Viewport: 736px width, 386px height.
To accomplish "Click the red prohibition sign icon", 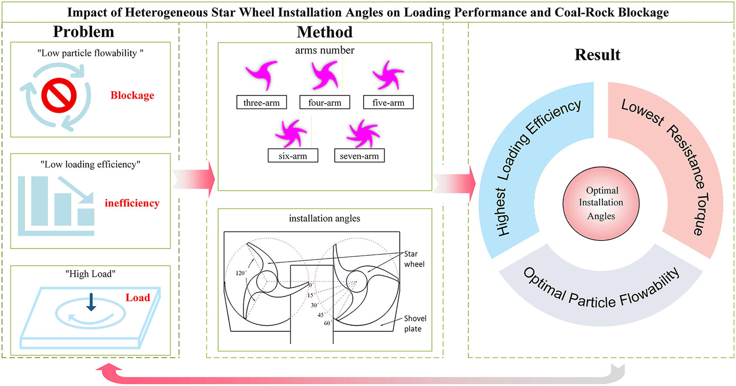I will pos(59,95).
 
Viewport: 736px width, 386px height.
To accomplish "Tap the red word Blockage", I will pos(132,95).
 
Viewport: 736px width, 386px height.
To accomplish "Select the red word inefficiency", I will pos(132,203).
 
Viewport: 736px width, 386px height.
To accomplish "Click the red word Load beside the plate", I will pos(138,298).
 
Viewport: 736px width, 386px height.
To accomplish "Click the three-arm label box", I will pos(261,103).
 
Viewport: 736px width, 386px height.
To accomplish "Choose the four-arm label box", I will pos(324,103).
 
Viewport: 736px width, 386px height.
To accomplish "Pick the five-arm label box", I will pos(388,103).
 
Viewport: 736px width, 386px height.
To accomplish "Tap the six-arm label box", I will pos(293,156).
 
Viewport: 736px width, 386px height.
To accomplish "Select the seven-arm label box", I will pos(359,156).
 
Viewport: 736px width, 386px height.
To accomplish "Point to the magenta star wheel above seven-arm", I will pos(362,134).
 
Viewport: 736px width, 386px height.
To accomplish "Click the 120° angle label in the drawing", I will pos(241,273).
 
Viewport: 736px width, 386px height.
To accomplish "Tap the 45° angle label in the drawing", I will pos(321,315).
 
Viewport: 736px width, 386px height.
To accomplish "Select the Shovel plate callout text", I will pos(415,324).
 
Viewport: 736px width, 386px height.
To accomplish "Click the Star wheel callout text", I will pos(414,259).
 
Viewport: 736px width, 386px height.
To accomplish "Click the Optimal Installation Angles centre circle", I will pos(601,203).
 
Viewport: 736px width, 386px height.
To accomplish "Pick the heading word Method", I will pos(324,32).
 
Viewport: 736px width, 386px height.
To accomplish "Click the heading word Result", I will pos(597,55).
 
